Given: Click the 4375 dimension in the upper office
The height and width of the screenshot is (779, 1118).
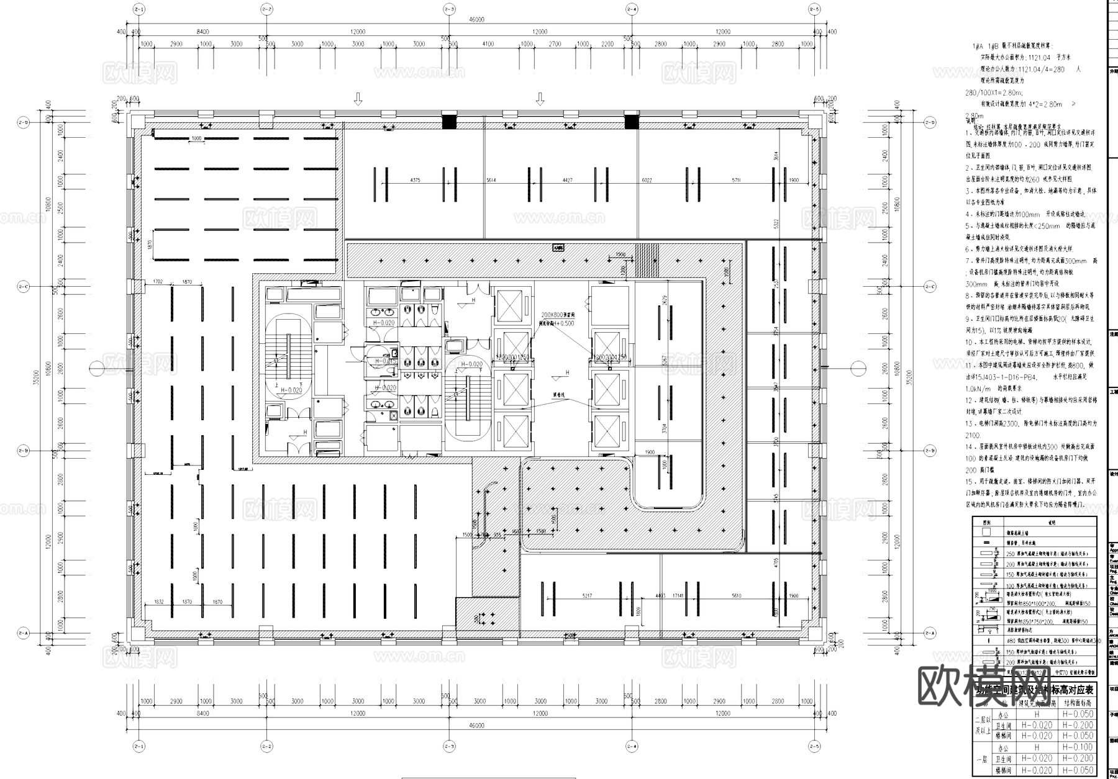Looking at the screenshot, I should tap(415, 180).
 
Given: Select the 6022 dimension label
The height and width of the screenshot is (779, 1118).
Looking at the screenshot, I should tap(647, 180).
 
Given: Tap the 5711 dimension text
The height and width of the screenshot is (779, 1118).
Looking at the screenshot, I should tap(736, 180).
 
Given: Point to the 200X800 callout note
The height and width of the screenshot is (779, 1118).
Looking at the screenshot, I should tap(557, 315).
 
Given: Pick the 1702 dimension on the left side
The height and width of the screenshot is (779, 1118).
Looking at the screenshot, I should tap(157, 282).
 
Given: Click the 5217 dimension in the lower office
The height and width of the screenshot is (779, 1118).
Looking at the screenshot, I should tap(587, 596).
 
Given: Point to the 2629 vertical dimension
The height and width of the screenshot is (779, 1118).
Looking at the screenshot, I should tap(665, 300).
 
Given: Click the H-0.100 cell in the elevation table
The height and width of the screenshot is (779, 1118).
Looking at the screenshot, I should tap(1077, 747).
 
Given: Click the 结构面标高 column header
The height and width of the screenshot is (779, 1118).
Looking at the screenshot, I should tap(1077, 703).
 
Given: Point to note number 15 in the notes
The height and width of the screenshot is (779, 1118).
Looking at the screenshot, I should tap(969, 481).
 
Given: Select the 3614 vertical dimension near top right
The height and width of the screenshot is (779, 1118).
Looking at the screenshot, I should tap(775, 156).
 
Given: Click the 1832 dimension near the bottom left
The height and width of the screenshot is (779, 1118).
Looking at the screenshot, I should tap(158, 602).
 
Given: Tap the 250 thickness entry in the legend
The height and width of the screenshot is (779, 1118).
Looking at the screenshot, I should tap(1009, 554).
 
